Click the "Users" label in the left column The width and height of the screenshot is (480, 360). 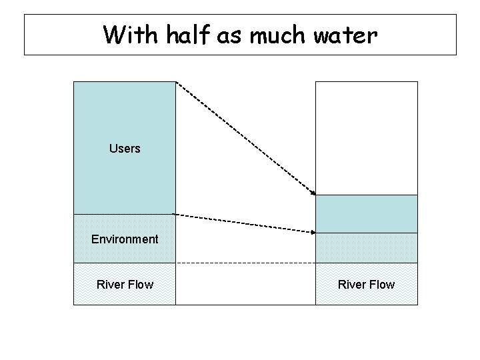125,149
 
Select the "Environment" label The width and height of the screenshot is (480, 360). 125,239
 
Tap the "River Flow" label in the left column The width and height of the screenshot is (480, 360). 125,285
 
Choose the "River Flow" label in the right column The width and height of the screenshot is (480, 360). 366,285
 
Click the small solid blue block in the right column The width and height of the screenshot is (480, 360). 366,214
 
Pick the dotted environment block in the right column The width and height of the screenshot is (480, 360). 366,248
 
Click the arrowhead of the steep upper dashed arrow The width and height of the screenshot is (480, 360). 313,193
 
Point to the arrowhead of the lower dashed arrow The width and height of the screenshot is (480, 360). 313,232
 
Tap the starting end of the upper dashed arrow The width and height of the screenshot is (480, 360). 177,83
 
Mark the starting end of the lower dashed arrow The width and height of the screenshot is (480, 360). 175,214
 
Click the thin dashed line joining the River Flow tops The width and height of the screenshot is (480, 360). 245,263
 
